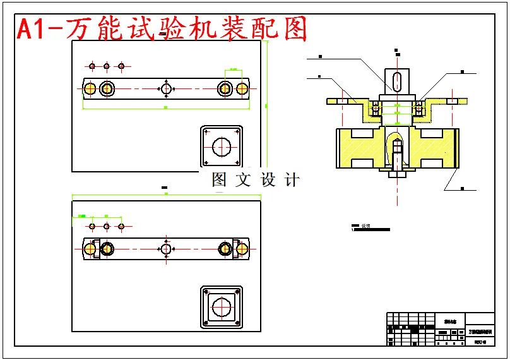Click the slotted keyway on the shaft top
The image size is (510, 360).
pos(397,81)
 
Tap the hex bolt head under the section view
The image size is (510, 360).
pos(397,174)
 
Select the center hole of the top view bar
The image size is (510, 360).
pos(166,88)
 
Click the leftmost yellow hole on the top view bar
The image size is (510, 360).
pos(90,88)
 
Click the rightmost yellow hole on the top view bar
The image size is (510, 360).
pos(242,88)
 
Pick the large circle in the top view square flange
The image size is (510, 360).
pos(222,147)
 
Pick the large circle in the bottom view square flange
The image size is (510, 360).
pos(222,308)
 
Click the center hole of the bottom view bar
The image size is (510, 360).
pos(166,249)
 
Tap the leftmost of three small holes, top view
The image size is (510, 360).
pos(92,66)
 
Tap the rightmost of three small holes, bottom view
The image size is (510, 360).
pos(121,226)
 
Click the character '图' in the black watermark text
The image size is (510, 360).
pos(219,180)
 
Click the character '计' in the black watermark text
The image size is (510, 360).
pos(292,180)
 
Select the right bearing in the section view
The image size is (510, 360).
pos(418,109)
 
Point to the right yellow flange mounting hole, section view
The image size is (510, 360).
pos(452,100)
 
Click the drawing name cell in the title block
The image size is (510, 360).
pos(481,331)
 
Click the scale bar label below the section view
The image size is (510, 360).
pos(365,225)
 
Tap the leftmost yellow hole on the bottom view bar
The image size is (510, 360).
pos(90,249)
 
